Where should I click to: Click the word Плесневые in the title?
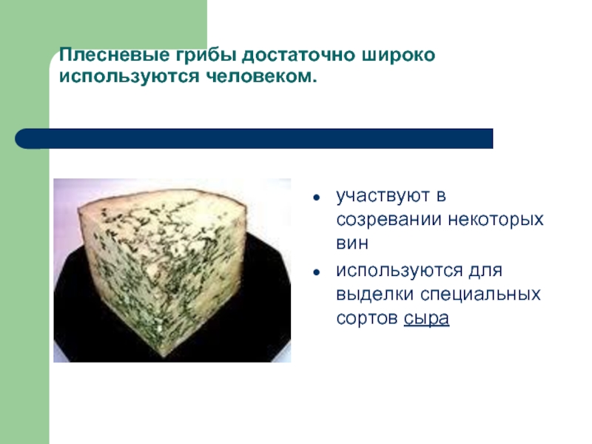pyautogui.click(x=115, y=55)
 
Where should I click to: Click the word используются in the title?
pyautogui.click(x=129, y=77)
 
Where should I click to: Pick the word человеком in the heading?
pyautogui.click(x=261, y=77)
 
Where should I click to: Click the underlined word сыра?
pyautogui.click(x=427, y=318)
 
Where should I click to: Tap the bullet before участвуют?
pyautogui.click(x=317, y=198)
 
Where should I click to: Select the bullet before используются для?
pyautogui.click(x=317, y=272)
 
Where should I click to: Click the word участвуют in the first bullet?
pyautogui.click(x=383, y=196)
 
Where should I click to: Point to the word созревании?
pyautogui.click(x=389, y=220)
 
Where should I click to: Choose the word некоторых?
pyautogui.click(x=496, y=220)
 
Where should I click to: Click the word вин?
pyautogui.click(x=352, y=243)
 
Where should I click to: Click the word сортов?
pyautogui.click(x=367, y=318)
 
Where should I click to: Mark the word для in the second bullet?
pyautogui.click(x=486, y=271)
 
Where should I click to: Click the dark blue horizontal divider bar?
pyautogui.click(x=254, y=138)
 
